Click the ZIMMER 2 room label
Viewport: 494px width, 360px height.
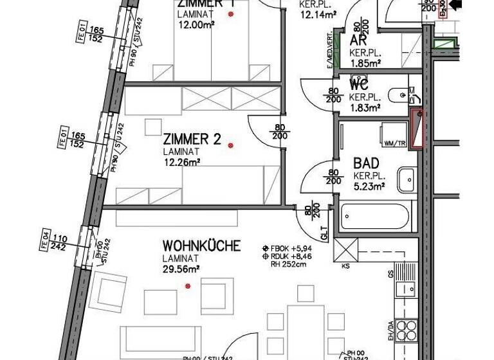click(x=192, y=139)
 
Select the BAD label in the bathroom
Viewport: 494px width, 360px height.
click(x=366, y=163)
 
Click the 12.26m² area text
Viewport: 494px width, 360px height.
click(x=181, y=162)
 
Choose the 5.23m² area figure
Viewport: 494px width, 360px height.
click(x=369, y=186)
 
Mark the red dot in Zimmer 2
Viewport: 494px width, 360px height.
click(x=230, y=145)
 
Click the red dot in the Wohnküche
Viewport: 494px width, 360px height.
click(x=188, y=286)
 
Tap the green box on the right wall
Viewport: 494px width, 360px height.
click(x=442, y=45)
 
